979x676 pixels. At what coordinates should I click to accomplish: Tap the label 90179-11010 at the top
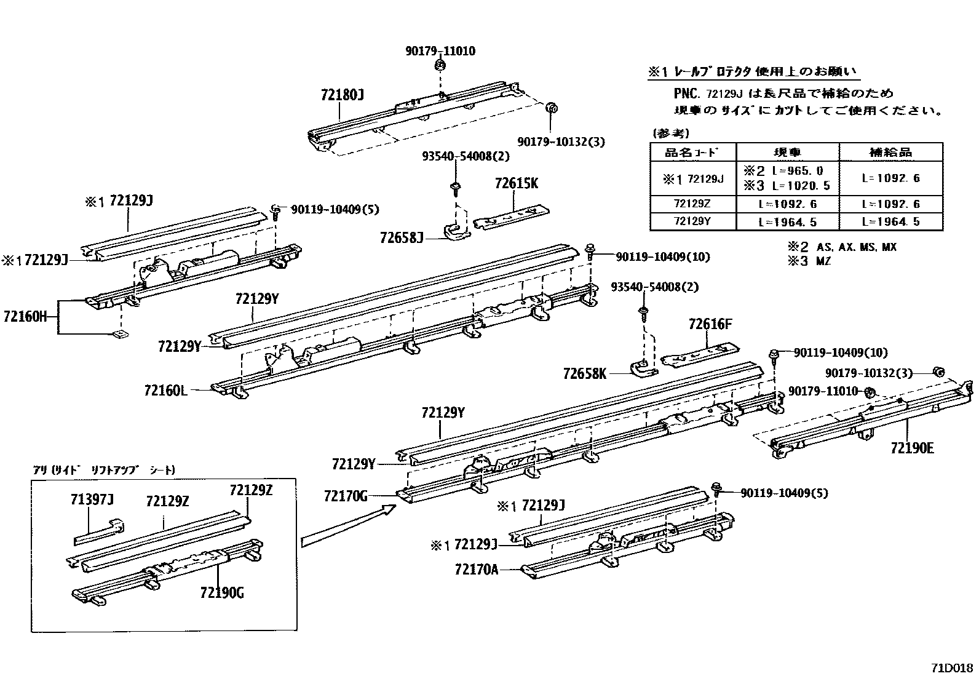pos(440,51)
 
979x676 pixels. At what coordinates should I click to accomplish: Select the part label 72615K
pos(517,183)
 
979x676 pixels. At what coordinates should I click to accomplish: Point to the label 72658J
pos(402,237)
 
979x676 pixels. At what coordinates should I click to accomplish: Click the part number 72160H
pos(25,317)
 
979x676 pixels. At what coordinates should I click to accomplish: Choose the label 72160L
pos(165,390)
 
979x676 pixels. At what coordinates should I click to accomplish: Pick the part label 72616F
pos(710,324)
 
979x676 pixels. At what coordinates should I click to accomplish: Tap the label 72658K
pos(584,373)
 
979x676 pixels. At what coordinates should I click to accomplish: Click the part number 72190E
pos(912,448)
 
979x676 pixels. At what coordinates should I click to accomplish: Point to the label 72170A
pos(476,569)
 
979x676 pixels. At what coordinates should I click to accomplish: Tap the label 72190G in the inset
pos(222,592)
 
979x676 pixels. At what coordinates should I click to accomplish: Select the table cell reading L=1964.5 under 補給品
pos(890,221)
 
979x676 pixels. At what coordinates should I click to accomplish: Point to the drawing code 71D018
pos(951,668)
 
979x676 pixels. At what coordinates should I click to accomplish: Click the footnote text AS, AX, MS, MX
pos(856,247)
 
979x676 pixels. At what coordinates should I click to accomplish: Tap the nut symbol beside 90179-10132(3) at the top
pos(551,108)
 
